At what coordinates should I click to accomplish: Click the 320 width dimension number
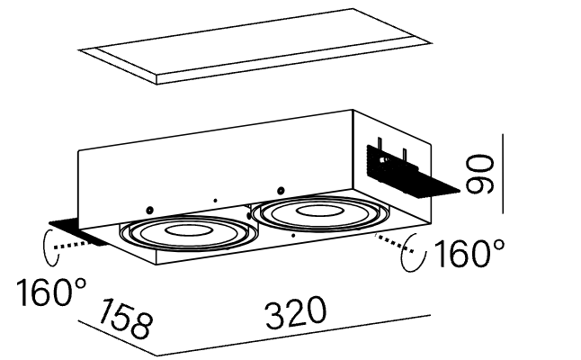[x=294, y=314]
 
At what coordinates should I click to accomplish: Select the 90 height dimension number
[x=481, y=173]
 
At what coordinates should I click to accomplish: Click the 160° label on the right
[x=468, y=256]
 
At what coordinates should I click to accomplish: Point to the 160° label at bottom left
[x=50, y=292]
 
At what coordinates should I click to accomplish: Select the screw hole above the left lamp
[x=150, y=204]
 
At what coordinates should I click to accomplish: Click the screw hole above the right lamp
[x=282, y=189]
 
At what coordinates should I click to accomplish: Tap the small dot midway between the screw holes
[x=215, y=198]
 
